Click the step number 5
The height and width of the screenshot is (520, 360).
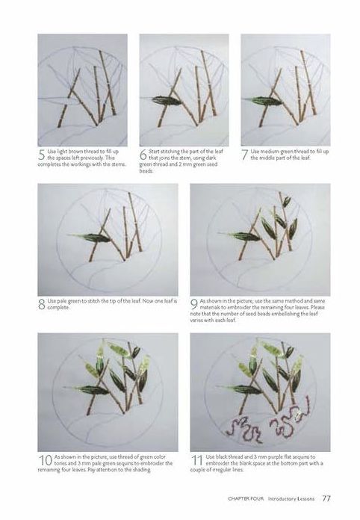coord(42,155)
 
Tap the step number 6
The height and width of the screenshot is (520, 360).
coord(143,155)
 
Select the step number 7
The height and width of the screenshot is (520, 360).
coord(245,155)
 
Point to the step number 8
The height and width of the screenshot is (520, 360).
coord(42,304)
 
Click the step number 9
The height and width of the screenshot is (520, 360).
coord(194,304)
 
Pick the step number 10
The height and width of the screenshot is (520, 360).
coord(45,460)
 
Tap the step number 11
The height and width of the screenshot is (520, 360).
coord(197,460)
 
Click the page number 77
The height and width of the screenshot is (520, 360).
coord(326,498)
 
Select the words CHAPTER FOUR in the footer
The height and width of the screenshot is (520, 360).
coord(246,498)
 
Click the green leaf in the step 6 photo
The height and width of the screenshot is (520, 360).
coord(167,100)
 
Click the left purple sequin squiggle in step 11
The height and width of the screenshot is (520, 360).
coord(245,431)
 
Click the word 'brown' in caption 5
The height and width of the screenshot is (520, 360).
coord(76,152)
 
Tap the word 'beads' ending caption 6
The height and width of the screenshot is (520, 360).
coord(146,171)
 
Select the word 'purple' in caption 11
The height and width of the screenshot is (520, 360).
coord(270,457)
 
